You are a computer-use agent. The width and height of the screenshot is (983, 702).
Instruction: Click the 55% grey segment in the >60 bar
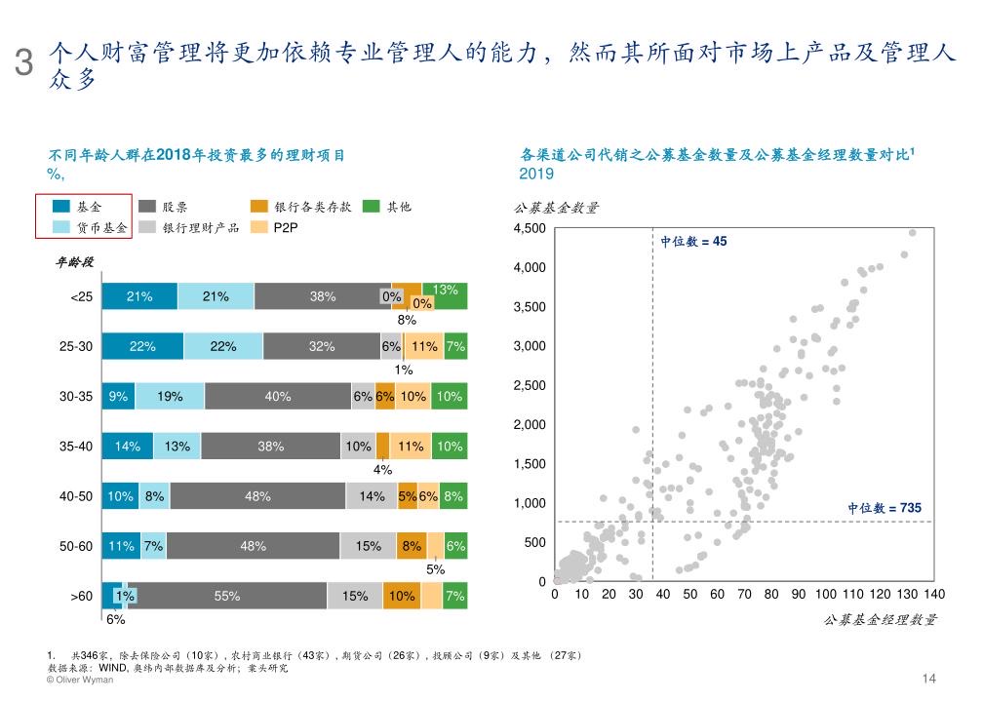[226, 596]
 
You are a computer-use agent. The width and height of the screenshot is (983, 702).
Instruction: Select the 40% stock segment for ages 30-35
[277, 396]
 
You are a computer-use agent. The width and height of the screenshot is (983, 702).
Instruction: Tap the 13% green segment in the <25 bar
[451, 295]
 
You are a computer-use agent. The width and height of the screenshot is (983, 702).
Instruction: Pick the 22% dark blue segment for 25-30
[142, 346]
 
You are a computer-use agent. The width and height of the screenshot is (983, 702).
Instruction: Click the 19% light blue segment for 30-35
[170, 396]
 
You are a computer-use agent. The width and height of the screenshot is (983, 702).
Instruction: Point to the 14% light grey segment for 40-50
[372, 496]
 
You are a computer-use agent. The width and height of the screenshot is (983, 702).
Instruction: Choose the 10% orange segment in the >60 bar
[401, 596]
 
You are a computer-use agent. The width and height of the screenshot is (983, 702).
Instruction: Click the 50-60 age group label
[76, 546]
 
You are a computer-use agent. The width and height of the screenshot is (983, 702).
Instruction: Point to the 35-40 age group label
[76, 447]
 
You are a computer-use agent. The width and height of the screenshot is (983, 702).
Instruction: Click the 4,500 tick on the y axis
[530, 229]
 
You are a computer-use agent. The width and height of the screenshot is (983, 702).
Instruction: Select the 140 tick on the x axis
[933, 594]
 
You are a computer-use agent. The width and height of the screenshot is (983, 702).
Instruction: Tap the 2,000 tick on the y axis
[530, 425]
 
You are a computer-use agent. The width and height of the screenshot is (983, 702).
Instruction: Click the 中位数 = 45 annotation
[693, 242]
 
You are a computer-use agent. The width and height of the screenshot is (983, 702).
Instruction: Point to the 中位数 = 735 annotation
[884, 508]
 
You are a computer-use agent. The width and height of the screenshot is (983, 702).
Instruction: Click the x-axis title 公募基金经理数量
[880, 619]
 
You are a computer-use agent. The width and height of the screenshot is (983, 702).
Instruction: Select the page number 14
[928, 679]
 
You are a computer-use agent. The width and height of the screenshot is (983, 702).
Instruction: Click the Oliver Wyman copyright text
[80, 681]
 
